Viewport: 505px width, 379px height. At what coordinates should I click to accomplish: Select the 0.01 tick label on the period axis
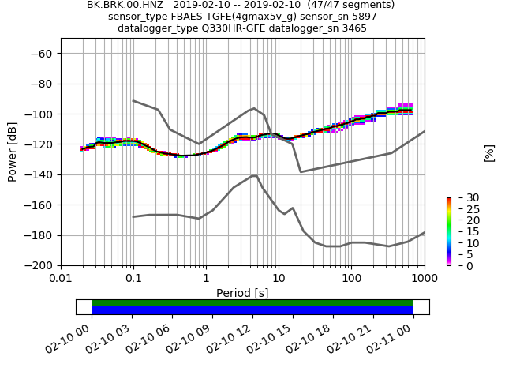pyautogui.click(x=61, y=279)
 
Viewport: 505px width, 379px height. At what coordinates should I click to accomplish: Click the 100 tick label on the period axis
pyautogui.click(x=351, y=279)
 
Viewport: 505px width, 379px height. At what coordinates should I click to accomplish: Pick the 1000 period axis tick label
pyautogui.click(x=424, y=279)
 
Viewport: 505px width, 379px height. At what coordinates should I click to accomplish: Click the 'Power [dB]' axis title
pyautogui.click(x=13, y=152)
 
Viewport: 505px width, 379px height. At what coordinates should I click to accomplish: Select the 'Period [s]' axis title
pyautogui.click(x=242, y=293)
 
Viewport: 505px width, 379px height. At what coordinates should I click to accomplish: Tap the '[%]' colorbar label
pyautogui.click(x=490, y=152)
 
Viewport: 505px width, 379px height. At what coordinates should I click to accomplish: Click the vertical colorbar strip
pyautogui.click(x=448, y=231)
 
